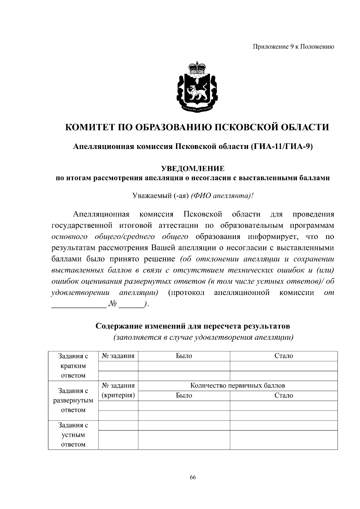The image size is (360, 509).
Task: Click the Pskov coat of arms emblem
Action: pos(196,90)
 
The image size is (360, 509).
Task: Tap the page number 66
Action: pos(193,478)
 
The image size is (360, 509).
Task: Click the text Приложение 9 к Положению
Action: pos(293,47)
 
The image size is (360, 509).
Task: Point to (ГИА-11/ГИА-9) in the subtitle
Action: pos(281,147)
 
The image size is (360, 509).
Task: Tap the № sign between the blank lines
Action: pos(112,304)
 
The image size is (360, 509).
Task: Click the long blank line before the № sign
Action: pos(79,305)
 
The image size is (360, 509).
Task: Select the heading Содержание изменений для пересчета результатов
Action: pos(193,326)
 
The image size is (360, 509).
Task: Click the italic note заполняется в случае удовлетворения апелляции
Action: pos(203,338)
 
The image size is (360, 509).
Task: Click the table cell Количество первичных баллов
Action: pos(238,385)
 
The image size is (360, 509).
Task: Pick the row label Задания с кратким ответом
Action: pos(73,366)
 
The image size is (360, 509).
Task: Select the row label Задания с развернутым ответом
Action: pos(73,400)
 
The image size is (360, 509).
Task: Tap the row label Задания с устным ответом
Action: pos(73,435)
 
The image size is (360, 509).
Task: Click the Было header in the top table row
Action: pos(184,356)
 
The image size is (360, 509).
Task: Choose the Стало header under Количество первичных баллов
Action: pos(283,395)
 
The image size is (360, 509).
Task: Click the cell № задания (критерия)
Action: pos(118,390)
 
